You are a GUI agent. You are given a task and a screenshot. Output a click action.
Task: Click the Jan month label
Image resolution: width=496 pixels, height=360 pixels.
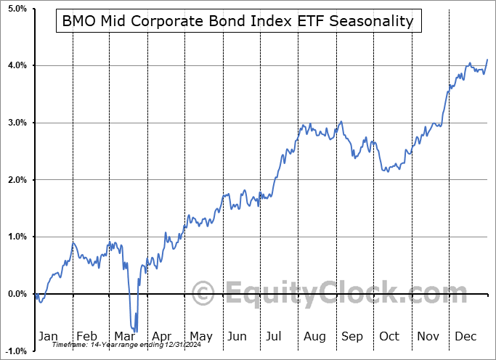(x=49, y=337)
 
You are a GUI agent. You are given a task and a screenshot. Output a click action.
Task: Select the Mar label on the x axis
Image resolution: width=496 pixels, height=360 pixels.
(x=124, y=337)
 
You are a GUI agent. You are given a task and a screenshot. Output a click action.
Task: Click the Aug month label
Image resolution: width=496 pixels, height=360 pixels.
(x=314, y=337)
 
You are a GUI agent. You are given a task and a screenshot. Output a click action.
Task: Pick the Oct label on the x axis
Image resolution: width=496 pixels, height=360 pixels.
(x=389, y=337)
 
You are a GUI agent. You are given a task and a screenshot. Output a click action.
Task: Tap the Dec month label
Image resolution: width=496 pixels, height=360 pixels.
(x=465, y=337)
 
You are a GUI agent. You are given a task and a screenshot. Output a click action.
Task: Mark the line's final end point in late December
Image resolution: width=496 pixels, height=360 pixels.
(x=487, y=60)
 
